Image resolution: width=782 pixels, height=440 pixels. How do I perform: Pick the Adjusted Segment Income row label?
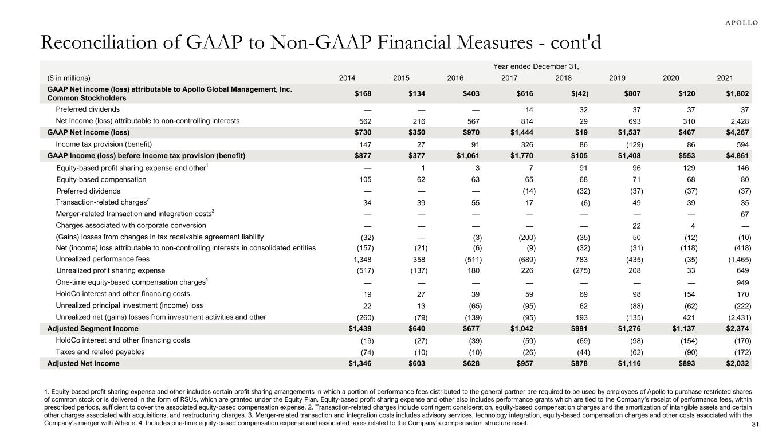click(x=93, y=329)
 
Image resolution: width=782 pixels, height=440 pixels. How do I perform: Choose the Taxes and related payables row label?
click(x=100, y=352)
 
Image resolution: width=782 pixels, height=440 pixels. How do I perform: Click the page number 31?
click(x=755, y=424)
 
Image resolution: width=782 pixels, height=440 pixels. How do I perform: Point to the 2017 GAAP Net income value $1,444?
click(x=505, y=132)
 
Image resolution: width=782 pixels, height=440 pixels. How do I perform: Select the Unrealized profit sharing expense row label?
click(x=110, y=270)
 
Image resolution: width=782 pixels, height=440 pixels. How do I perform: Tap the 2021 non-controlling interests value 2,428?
click(x=738, y=121)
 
